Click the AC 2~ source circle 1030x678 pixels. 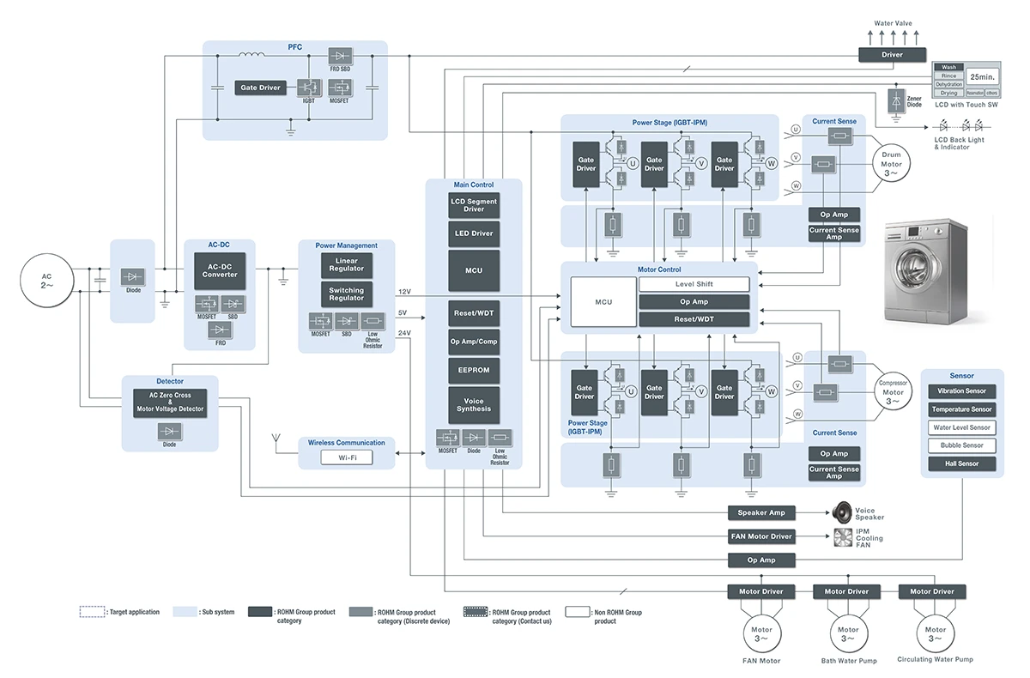(x=47, y=281)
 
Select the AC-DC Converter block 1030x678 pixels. (x=220, y=270)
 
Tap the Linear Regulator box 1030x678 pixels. (x=346, y=265)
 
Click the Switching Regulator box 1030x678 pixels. (x=346, y=294)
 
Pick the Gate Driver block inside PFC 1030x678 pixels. (x=260, y=88)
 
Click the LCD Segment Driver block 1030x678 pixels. (x=474, y=205)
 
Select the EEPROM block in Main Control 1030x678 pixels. (x=474, y=371)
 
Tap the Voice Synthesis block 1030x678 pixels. (x=474, y=404)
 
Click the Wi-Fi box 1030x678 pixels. (x=348, y=457)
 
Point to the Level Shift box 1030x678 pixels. (x=694, y=284)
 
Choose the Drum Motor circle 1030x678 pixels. (x=892, y=160)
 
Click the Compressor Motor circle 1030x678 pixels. (x=893, y=393)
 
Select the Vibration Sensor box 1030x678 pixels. (x=961, y=391)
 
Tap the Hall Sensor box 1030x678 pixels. (x=961, y=463)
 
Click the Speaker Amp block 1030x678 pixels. (x=761, y=512)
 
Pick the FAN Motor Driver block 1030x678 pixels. (x=761, y=536)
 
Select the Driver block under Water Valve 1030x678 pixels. (x=893, y=54)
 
